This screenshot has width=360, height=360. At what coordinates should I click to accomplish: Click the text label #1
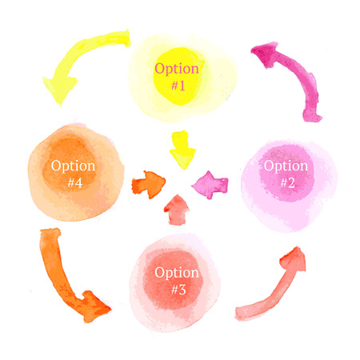pos(178,86)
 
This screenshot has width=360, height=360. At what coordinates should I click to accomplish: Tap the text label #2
pos(287,183)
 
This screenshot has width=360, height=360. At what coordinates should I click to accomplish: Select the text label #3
pos(178,290)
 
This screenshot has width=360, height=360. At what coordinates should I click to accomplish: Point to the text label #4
pos(75,183)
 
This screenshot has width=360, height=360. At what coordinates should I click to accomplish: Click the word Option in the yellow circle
pos(177,69)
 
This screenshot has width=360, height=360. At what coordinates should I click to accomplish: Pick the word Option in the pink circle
pos(286,166)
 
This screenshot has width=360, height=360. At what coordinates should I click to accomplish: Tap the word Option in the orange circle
pos(73,166)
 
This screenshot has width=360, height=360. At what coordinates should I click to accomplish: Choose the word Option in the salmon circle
pos(177,273)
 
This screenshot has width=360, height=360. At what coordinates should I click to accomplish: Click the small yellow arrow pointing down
pos(182,150)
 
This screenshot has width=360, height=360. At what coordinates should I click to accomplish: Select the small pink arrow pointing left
pos(210,185)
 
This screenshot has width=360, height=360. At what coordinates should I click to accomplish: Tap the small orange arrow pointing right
pos(149,185)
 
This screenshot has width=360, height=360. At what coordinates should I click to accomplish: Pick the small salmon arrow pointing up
pos(177,210)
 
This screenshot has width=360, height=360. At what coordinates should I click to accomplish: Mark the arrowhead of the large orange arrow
pos(94,306)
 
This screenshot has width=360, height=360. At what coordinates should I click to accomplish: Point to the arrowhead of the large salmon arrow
pos(294,259)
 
